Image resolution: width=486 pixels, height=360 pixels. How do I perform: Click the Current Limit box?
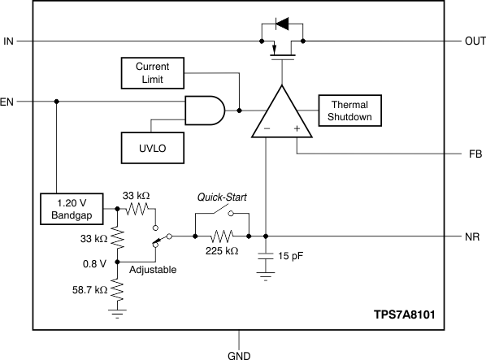tap(151, 73)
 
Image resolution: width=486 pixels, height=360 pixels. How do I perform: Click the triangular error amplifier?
tap(281, 112)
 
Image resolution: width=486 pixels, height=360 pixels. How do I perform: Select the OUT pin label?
tap(473, 41)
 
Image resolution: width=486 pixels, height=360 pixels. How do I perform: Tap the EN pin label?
tap(7, 102)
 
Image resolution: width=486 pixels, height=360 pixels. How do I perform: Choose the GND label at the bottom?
tap(239, 354)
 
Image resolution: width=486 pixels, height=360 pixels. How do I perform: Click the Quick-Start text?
tap(223, 197)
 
